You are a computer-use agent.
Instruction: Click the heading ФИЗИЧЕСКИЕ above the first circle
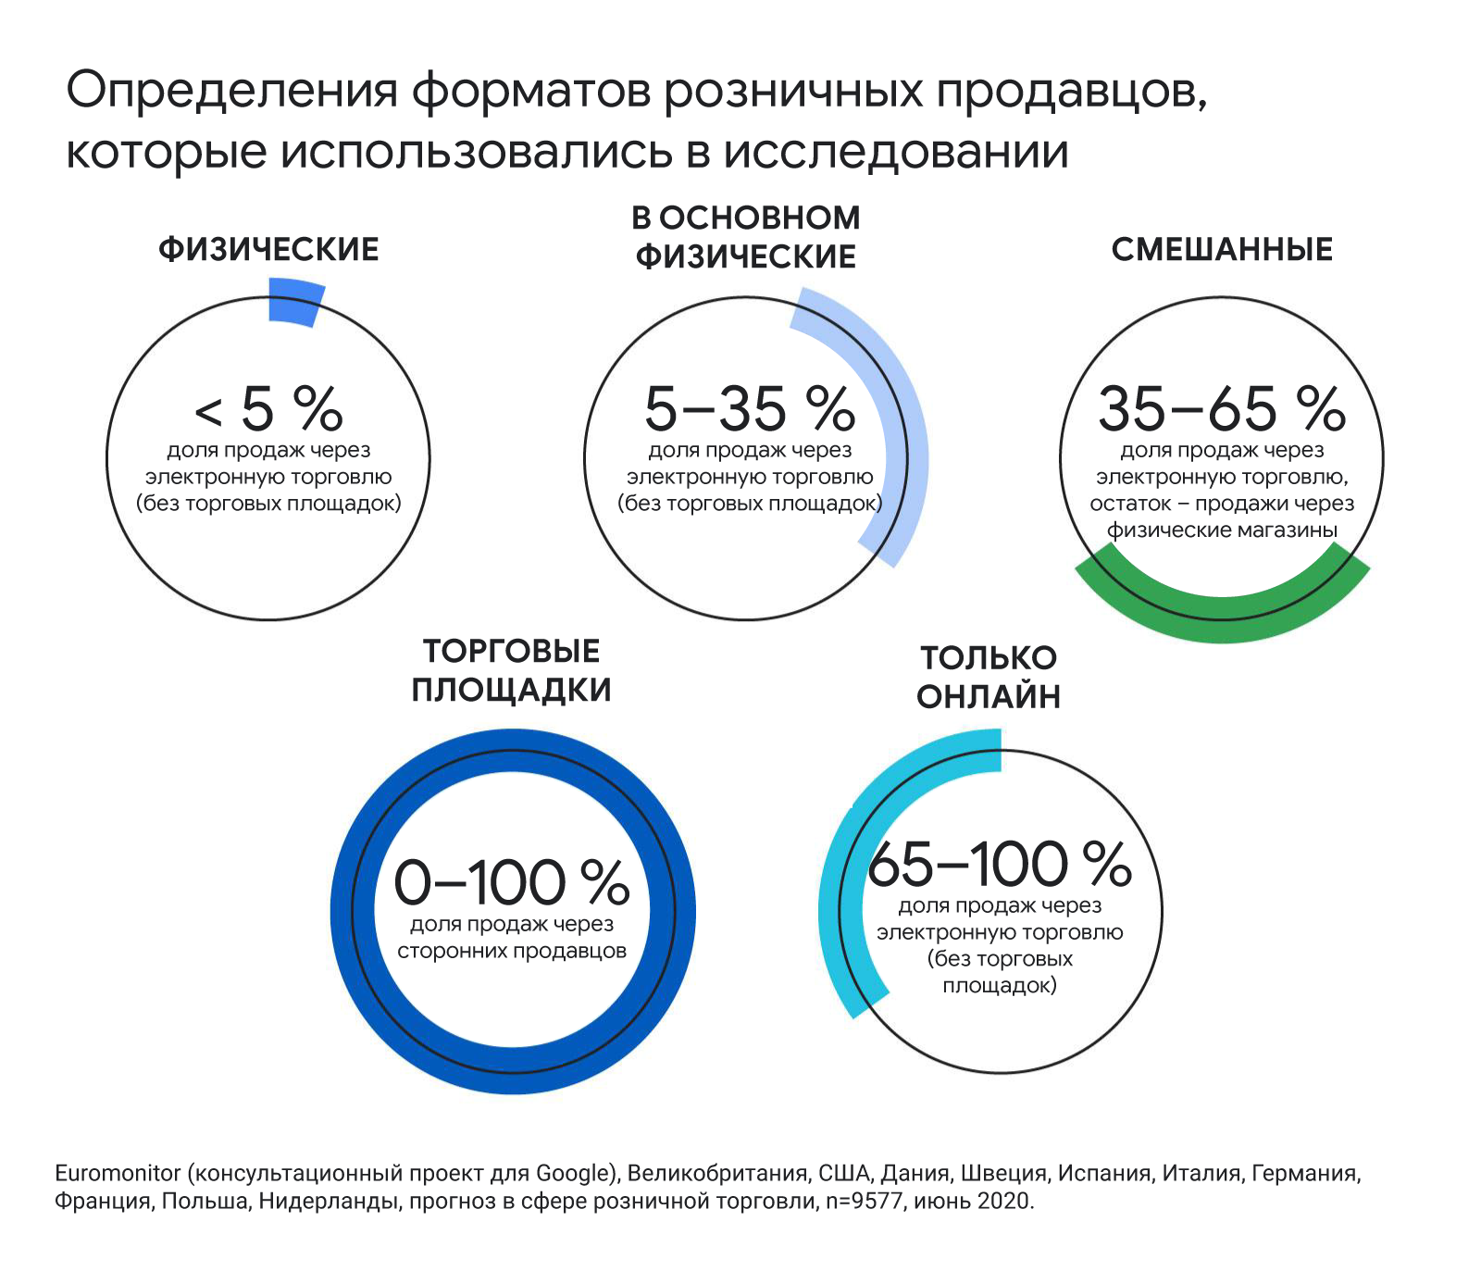coord(268,250)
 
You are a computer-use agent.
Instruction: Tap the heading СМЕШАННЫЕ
coord(1222,250)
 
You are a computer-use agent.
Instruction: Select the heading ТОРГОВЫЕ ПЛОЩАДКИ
coord(512,671)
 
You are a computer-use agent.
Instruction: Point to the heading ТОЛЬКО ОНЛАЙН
coord(989,678)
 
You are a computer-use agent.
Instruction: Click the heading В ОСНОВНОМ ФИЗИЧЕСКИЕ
coord(746,237)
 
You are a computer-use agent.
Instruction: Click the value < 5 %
coord(268,408)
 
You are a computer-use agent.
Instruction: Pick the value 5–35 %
coord(750,408)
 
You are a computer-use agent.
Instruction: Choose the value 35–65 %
coord(1222,408)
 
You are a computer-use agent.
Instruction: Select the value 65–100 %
coord(1000,865)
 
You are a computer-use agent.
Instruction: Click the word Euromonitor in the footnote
coord(118,1174)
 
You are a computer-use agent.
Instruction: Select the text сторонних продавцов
coord(512,952)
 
